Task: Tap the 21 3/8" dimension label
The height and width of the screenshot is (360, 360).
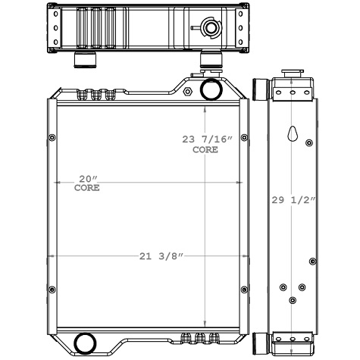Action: coord(158,256)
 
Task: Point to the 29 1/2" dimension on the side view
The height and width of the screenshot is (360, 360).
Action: coord(293,200)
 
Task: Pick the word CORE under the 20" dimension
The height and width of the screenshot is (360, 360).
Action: coord(86,188)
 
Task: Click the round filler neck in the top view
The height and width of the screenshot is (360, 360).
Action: coord(208,30)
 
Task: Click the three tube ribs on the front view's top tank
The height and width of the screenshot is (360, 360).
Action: coord(95,94)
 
